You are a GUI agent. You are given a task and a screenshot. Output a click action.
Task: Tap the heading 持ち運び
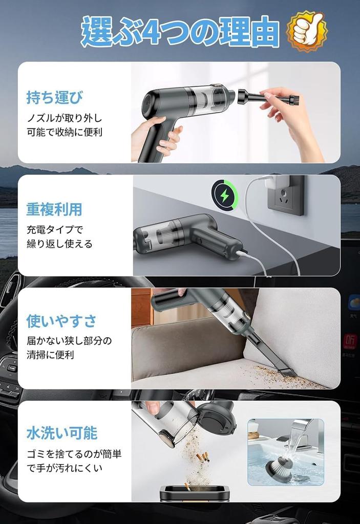pyautogui.click(x=54, y=97)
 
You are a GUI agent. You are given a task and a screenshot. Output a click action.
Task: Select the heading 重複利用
pyautogui.click(x=54, y=209)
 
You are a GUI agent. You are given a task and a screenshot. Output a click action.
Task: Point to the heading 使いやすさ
pyautogui.click(x=61, y=321)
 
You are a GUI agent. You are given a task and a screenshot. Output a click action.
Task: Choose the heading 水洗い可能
pyautogui.click(x=62, y=433)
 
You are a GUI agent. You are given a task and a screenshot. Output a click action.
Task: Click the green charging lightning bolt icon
pyautogui.click(x=224, y=195)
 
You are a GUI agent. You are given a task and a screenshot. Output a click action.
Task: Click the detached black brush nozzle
pyautogui.click(x=268, y=97)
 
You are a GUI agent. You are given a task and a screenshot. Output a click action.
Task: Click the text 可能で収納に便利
pyautogui.click(x=65, y=133)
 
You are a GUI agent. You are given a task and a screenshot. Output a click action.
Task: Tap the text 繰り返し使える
pyautogui.click(x=59, y=244)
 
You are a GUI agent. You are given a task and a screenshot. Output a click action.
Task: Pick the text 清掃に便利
pyautogui.click(x=50, y=355)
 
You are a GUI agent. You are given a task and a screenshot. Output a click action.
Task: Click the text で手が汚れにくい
pyautogui.click(x=65, y=468)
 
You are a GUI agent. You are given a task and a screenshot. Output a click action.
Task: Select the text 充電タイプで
pyautogui.click(x=55, y=230)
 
